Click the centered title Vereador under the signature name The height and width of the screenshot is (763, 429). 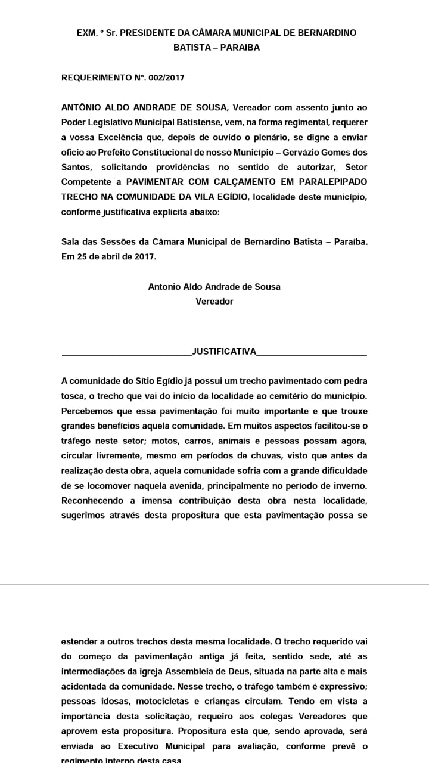point(214,301)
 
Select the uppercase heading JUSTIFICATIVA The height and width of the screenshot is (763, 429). point(224,352)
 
